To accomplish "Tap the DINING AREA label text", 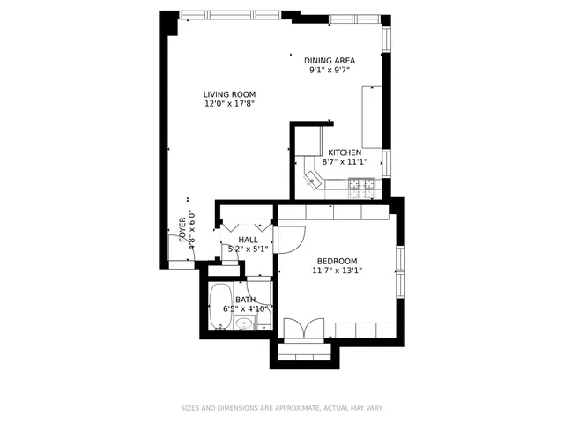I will pyautogui.click(x=330, y=61).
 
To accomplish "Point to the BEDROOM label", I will pyautogui.click(x=338, y=261).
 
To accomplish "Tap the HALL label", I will pyautogui.click(x=248, y=240).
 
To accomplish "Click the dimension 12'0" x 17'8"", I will pyautogui.click(x=229, y=104).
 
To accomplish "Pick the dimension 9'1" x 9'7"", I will pyautogui.click(x=330, y=70).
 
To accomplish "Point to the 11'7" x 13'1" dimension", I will pyautogui.click(x=338, y=271).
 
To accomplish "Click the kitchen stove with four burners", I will pyautogui.click(x=361, y=185).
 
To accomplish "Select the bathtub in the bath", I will pyautogui.click(x=220, y=308).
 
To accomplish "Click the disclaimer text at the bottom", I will pyautogui.click(x=282, y=408).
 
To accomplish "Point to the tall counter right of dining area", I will pyautogui.click(x=371, y=117).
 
